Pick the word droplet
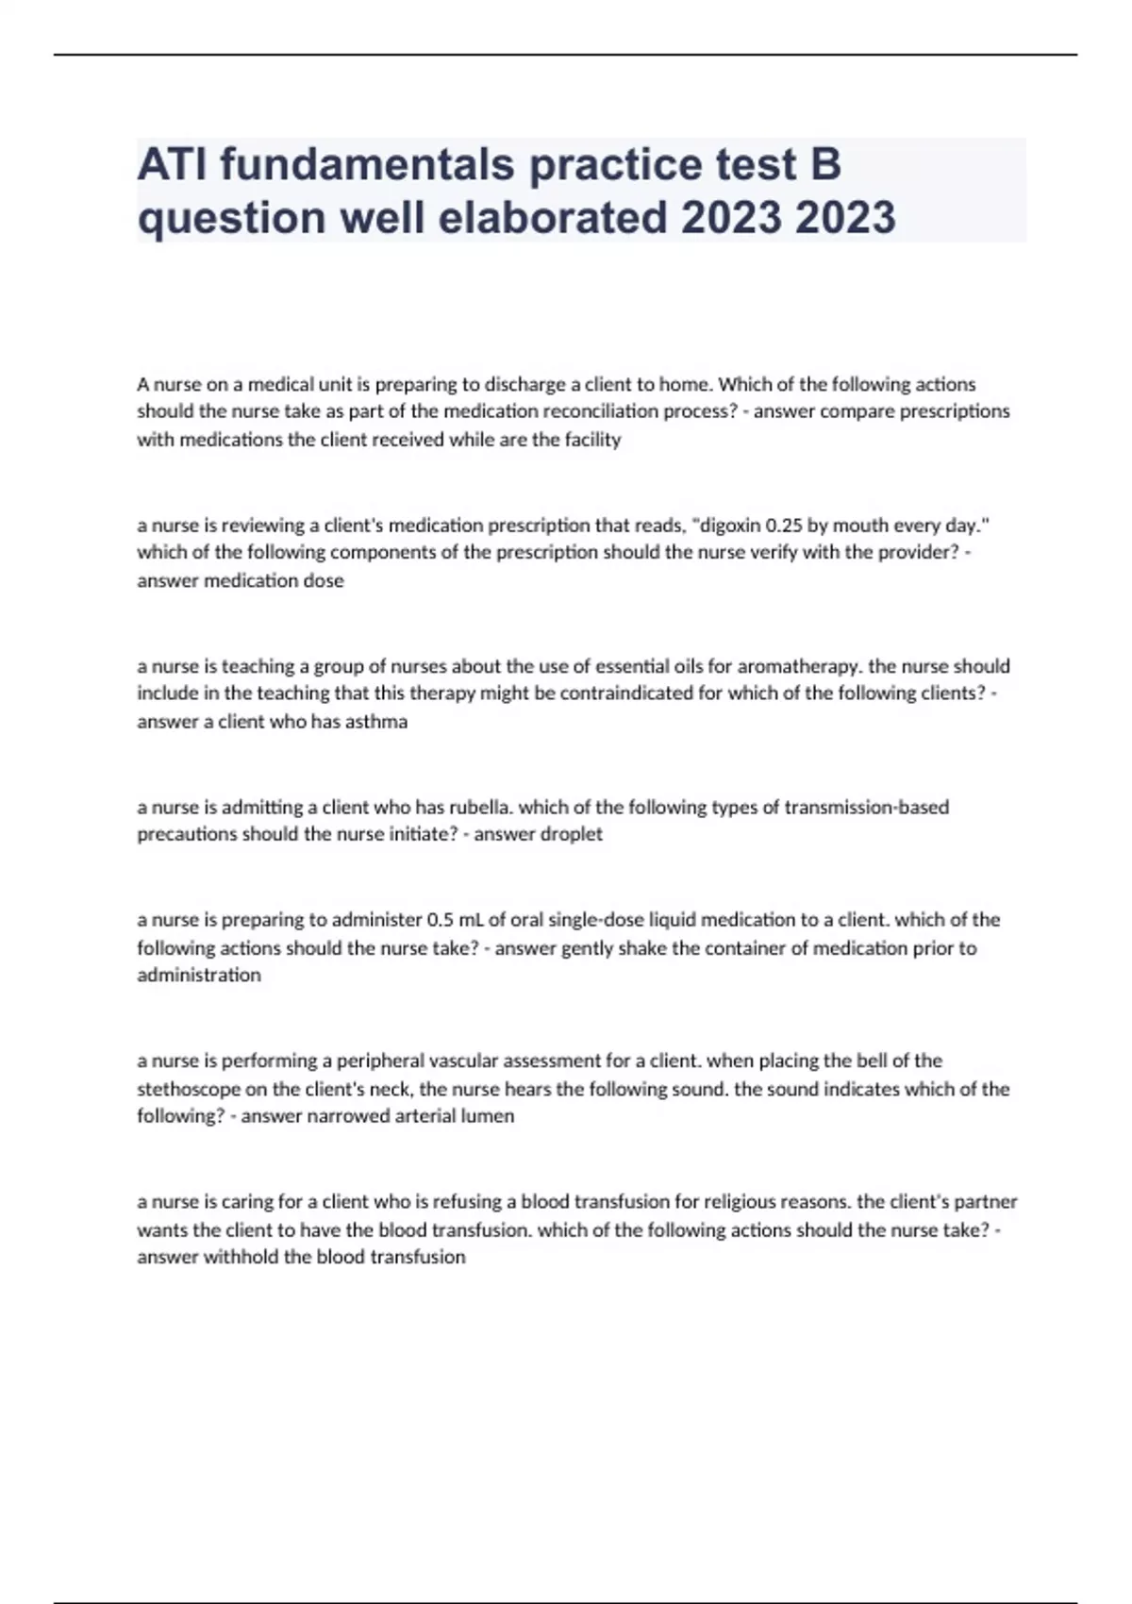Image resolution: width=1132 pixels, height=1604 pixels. [x=570, y=834]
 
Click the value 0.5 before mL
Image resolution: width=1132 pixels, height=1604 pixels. [x=441, y=919]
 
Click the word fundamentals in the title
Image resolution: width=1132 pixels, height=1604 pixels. [x=367, y=164]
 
